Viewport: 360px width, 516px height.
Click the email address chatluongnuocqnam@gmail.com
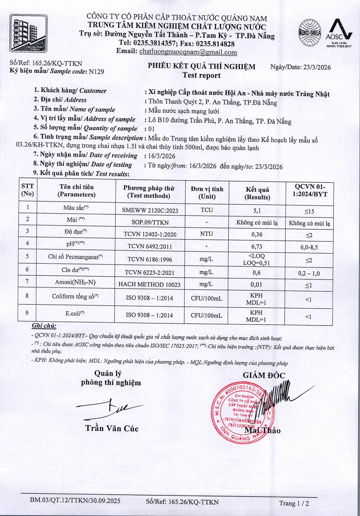pos(188,52)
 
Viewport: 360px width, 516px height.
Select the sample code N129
pos(96,72)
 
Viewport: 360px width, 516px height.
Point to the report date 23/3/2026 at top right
pos(317,67)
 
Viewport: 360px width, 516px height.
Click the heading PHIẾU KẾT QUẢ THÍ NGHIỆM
pos(202,66)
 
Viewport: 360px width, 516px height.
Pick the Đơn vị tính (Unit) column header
pos(207,193)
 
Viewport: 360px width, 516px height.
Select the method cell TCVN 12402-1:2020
pos(150,235)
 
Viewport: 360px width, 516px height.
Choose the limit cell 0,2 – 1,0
pos(309,273)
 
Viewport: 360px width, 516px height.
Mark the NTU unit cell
pos(207,234)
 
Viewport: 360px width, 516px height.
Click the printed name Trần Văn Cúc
pos(112,428)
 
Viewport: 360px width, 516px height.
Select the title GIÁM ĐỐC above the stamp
pos(264,375)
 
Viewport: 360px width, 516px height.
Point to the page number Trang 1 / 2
pos(294,503)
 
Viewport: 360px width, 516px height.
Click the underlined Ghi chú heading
pos(44,326)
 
